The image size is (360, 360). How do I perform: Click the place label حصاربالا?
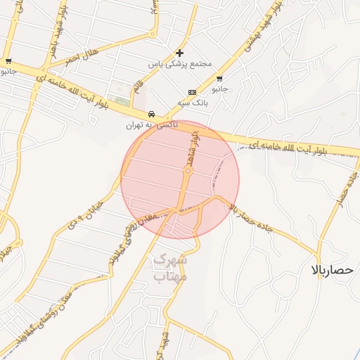coord(335,270)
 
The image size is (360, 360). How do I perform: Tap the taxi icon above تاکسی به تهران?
coord(151,115)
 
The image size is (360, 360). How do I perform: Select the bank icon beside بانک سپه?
coord(192,93)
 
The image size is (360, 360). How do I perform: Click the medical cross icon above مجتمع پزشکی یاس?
coord(180,53)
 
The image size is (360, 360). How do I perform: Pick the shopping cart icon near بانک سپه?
coord(220,79)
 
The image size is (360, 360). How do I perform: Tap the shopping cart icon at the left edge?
coord(8,61)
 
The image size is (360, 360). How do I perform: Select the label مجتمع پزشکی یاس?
coord(180,63)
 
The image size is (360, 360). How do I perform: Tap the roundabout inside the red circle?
coord(188,171)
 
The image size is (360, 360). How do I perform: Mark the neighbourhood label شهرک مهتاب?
coord(170,268)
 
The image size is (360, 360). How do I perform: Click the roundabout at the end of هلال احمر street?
coord(153,33)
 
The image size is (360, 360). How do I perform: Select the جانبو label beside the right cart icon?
coord(220,89)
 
